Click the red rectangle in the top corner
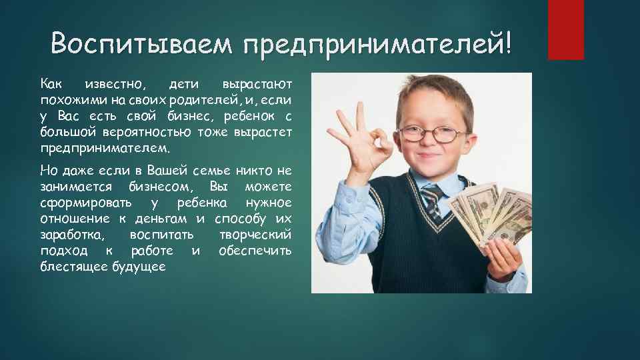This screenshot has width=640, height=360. [x=565, y=29]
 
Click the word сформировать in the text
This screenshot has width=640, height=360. [x=85, y=202]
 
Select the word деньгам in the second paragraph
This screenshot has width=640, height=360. [x=166, y=219]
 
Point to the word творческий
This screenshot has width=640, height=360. [x=256, y=235]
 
